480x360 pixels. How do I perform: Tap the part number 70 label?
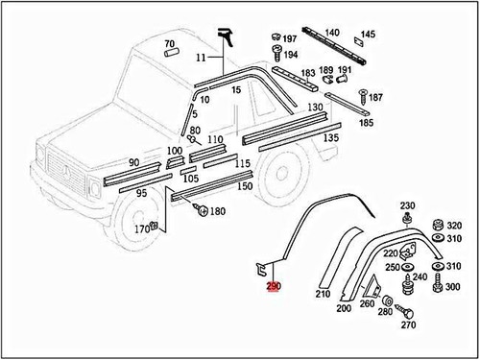pyautogui.click(x=169, y=44)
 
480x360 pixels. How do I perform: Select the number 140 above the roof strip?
pyautogui.click(x=331, y=33)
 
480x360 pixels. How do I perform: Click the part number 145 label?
pyautogui.click(x=368, y=35)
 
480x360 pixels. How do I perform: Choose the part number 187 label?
pyautogui.click(x=375, y=98)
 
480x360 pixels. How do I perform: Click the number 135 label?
pyautogui.click(x=329, y=138)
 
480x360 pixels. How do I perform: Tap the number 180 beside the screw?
pyautogui.click(x=218, y=211)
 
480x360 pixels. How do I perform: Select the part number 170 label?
pyautogui.click(x=141, y=229)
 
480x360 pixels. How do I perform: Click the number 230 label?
pyautogui.click(x=407, y=206)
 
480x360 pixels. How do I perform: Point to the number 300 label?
pyautogui.click(x=453, y=287)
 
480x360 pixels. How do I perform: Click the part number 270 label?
pyautogui.click(x=408, y=324)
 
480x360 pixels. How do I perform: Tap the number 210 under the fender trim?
pyautogui.click(x=323, y=294)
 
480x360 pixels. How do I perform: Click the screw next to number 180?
pyautogui.click(x=201, y=209)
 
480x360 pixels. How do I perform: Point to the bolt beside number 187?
pyautogui.click(x=363, y=95)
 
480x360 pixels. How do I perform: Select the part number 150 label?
pyautogui.click(x=245, y=185)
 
